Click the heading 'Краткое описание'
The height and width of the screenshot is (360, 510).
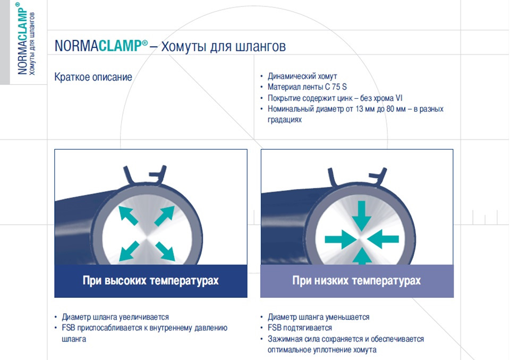click(x=93, y=77)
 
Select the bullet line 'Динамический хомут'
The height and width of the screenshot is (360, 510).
click(x=302, y=76)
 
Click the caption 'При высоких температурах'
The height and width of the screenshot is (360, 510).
click(x=150, y=280)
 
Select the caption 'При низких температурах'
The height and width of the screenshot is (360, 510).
click(x=356, y=280)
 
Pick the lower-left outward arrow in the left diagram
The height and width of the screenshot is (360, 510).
click(x=127, y=251)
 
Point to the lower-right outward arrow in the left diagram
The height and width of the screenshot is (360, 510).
click(x=165, y=251)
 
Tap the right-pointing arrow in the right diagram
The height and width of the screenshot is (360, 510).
click(x=341, y=239)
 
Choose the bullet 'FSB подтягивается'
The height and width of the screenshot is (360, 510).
click(x=300, y=328)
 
